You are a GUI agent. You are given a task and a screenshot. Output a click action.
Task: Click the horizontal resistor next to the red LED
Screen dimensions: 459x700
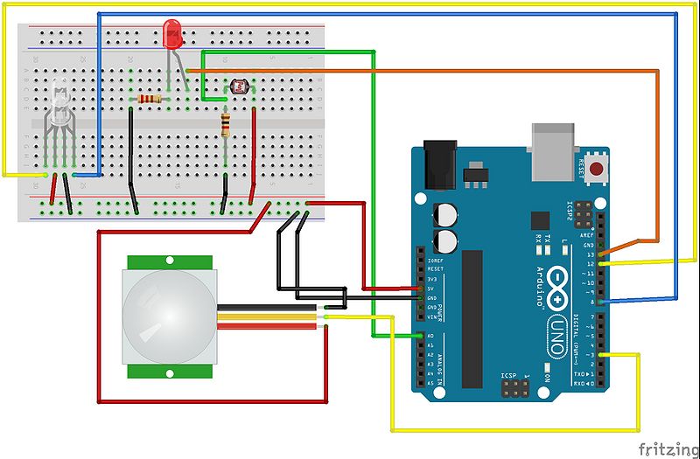pyautogui.click(x=150, y=99)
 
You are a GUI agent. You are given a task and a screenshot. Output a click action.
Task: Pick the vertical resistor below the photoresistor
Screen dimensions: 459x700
pyautogui.click(x=227, y=125)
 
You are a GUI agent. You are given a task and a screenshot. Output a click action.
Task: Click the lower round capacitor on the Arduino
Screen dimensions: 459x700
pyautogui.click(x=446, y=241)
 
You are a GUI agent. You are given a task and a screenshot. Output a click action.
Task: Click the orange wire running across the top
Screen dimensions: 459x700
pyautogui.click(x=420, y=67)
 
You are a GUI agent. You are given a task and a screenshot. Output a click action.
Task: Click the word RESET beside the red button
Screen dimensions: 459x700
pyautogui.click(x=581, y=167)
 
